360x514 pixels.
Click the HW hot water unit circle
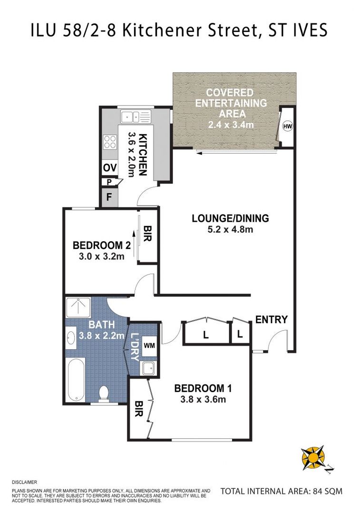[x=287, y=126]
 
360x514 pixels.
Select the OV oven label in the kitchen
[x=109, y=168]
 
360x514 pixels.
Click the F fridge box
[x=109, y=198]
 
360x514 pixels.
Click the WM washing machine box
[x=149, y=345]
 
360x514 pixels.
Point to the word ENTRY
[x=272, y=319]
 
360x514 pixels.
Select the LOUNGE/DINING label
[x=230, y=218]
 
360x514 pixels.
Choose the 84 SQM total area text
[x=281, y=491]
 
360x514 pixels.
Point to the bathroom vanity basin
[x=71, y=337]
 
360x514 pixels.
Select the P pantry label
[x=109, y=182]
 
